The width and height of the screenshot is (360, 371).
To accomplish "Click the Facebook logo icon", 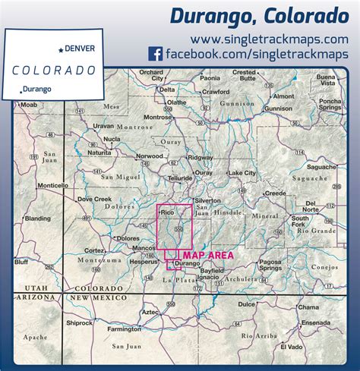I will pyautogui.click(x=155, y=55).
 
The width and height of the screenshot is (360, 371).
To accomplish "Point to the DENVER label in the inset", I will pyautogui.click(x=80, y=48).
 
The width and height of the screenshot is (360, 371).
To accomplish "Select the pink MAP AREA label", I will pyautogui.click(x=207, y=256).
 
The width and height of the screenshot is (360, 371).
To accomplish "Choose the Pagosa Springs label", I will pyautogui.click(x=270, y=263).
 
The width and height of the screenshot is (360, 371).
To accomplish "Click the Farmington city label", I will pyautogui.click(x=124, y=329).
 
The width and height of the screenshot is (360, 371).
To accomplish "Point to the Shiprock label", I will pyautogui.click(x=79, y=321).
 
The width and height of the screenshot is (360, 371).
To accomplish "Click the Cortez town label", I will pyautogui.click(x=96, y=250).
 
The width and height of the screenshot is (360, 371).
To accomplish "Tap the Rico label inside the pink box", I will pyautogui.click(x=168, y=215).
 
